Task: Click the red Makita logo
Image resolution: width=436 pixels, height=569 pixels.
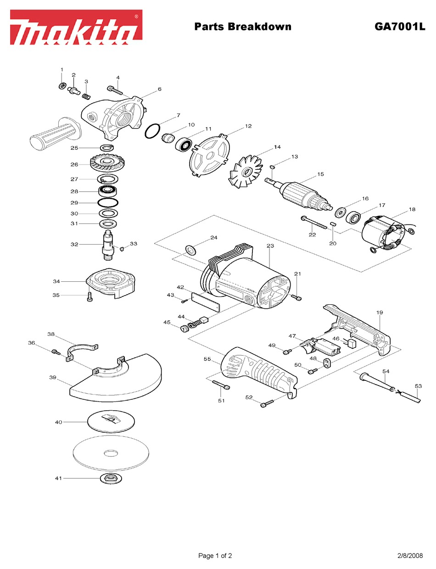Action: [x=76, y=27]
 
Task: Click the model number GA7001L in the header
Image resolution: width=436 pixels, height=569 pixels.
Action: [x=400, y=27]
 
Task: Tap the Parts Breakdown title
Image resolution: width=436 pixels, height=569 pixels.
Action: [x=243, y=27]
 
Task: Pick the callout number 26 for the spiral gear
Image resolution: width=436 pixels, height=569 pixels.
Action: [x=74, y=164]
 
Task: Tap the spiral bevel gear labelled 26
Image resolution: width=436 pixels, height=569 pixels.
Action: [x=107, y=164]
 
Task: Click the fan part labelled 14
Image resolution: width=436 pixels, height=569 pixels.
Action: [x=246, y=172]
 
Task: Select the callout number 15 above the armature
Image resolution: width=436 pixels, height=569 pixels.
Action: [x=320, y=174]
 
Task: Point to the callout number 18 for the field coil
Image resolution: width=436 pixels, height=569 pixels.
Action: [x=412, y=209]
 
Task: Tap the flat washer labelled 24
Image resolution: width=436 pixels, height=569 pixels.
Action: [x=191, y=250]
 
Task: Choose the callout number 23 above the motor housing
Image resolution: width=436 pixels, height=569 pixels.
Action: [x=270, y=245]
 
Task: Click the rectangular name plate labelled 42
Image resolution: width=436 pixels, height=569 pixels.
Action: [x=205, y=302]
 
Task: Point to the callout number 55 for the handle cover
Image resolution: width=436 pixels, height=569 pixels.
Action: [x=207, y=359]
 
